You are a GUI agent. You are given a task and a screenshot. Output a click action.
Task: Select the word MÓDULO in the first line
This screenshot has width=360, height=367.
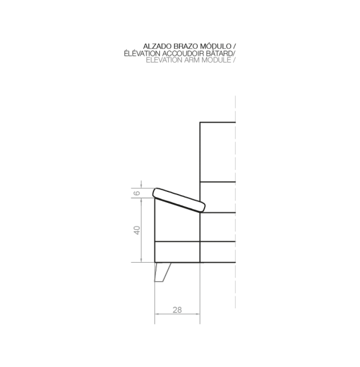click(x=214, y=46)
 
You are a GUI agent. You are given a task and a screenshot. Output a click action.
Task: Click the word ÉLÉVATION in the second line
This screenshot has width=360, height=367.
click(x=142, y=53)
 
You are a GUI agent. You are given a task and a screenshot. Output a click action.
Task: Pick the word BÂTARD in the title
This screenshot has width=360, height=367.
click(x=219, y=53)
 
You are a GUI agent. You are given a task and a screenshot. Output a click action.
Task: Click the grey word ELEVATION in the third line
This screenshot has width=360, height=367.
click(x=164, y=60)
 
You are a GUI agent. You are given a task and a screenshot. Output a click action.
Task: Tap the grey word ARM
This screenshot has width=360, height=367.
click(x=192, y=60)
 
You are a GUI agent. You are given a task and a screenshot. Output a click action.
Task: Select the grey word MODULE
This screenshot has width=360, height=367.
click(x=216, y=60)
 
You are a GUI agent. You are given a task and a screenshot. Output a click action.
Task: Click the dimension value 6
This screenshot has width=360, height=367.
click(x=136, y=193)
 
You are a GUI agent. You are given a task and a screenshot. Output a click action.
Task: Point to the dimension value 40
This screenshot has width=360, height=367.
click(x=136, y=230)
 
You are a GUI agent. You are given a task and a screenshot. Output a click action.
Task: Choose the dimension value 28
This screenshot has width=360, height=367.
click(x=177, y=310)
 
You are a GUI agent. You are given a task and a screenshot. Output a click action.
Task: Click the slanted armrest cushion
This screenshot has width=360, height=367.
click(x=179, y=200)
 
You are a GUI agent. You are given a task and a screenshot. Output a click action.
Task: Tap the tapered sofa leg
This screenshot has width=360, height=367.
click(x=162, y=272)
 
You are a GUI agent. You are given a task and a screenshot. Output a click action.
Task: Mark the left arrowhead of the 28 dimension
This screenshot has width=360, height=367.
click(x=157, y=314)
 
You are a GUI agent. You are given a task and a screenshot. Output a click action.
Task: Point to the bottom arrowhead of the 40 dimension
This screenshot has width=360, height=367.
click(x=141, y=260)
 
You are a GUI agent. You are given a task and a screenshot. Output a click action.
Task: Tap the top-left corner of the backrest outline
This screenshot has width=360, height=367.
click(x=200, y=123)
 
